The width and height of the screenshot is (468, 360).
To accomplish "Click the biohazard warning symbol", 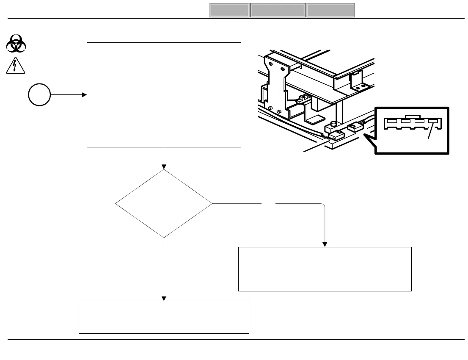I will pyautogui.click(x=17, y=44).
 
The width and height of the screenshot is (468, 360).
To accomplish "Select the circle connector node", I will pyautogui.click(x=40, y=95).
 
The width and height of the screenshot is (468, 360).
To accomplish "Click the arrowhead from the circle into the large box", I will pyautogui.click(x=84, y=95).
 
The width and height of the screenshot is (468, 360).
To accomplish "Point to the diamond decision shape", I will pyautogui.click(x=164, y=204).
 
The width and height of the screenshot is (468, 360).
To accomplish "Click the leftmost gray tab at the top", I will pyautogui.click(x=229, y=10).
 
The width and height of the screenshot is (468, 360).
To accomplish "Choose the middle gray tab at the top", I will pyautogui.click(x=278, y=10).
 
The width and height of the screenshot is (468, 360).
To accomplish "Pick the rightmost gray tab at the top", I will pyautogui.click(x=330, y=10).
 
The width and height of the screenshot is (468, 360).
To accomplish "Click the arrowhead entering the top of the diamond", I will pyautogui.click(x=164, y=167).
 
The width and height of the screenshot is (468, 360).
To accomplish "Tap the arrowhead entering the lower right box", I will pyautogui.click(x=325, y=244).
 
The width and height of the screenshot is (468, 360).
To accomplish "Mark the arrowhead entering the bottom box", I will pyautogui.click(x=164, y=298).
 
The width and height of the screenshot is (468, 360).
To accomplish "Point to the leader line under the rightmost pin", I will pyautogui.click(x=430, y=133).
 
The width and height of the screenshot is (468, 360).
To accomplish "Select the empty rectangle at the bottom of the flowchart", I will pyautogui.click(x=164, y=317).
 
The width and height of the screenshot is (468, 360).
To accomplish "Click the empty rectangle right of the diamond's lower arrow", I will pyautogui.click(x=325, y=269).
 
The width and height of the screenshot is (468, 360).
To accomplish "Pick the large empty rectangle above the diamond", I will pyautogui.click(x=164, y=94).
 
